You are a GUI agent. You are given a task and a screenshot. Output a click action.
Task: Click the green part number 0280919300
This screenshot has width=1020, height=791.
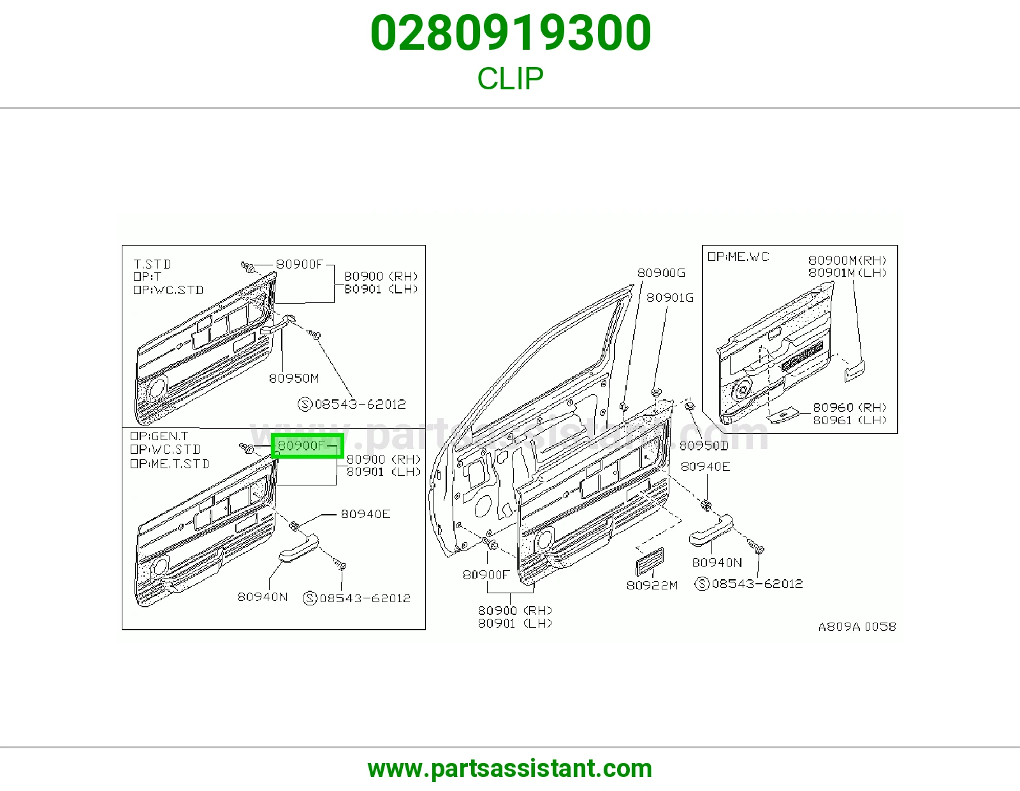(510, 33)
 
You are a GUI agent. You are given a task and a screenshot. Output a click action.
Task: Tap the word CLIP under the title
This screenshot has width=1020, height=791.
(510, 78)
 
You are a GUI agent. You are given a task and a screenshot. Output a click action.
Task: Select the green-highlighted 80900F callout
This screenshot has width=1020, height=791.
(307, 445)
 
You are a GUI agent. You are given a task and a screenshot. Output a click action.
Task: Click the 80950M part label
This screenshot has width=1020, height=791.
(294, 378)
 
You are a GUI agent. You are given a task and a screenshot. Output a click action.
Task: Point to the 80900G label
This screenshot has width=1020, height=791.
(661, 273)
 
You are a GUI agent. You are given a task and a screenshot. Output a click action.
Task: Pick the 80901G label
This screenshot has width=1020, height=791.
(670, 298)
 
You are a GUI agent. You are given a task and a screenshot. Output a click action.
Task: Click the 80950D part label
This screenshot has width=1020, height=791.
(704, 445)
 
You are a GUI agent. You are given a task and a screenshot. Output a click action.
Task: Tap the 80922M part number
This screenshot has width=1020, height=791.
(652, 585)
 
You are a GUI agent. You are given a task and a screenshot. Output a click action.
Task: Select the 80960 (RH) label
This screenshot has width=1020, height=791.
(850, 407)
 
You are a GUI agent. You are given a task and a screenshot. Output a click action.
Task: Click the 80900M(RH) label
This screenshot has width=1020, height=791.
(847, 260)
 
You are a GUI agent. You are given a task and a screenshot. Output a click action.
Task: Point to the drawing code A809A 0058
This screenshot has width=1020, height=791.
(857, 627)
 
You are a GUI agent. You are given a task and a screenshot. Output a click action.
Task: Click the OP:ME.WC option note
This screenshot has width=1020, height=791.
(738, 256)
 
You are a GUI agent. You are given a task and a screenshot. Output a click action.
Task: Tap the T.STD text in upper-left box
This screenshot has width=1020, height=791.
(152, 264)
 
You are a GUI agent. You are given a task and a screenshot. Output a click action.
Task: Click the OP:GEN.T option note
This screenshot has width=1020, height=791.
(159, 436)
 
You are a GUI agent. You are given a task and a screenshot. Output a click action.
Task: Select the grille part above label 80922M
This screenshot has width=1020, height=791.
(650, 562)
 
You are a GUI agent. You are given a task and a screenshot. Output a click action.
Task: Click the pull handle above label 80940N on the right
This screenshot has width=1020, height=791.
(711, 531)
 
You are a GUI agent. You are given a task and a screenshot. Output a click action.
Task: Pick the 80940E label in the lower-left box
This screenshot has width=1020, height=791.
(366, 514)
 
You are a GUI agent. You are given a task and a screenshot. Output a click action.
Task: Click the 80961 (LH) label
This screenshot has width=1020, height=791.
(850, 420)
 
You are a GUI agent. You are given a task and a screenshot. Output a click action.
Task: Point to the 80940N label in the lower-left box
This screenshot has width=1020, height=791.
(263, 597)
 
